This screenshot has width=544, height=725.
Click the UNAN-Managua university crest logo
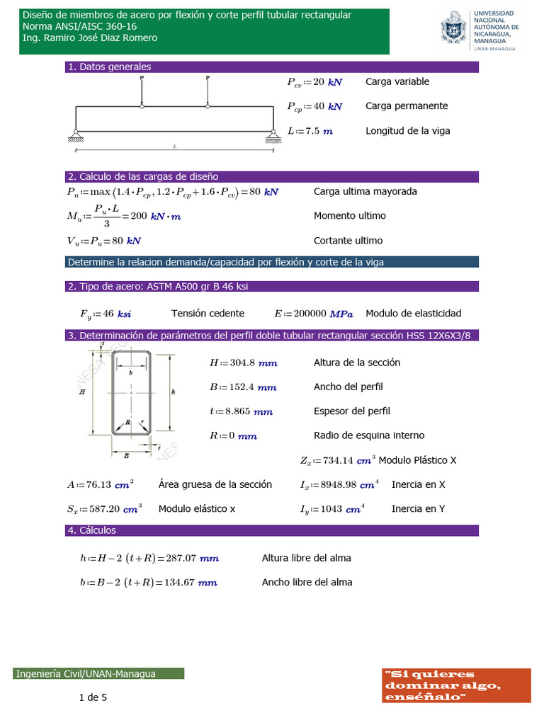(453, 30)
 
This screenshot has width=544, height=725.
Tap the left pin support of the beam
(75, 133)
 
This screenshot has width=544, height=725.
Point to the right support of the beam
(272, 133)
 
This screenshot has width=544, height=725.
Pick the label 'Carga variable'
(397, 81)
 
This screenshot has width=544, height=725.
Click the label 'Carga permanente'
(407, 106)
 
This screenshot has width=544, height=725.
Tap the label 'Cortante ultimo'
(348, 241)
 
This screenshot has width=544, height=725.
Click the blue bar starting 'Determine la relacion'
(273, 262)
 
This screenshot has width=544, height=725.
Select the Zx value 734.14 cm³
(348, 461)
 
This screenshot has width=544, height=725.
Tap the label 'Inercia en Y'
(418, 509)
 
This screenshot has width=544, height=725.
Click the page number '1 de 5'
(93, 698)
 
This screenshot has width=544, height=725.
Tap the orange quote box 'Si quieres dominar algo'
(456, 685)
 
